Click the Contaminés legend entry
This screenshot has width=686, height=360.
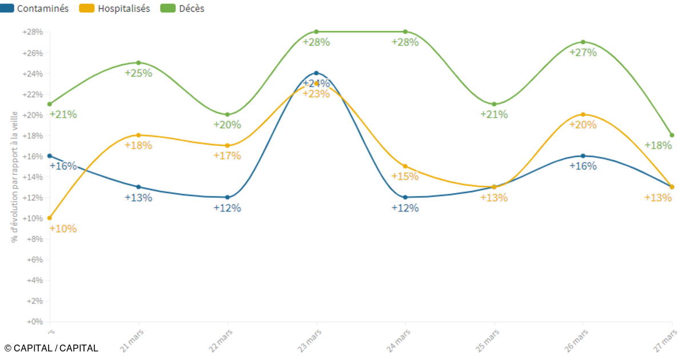[35, 9]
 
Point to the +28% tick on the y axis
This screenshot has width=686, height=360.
[33, 32]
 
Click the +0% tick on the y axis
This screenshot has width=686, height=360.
[35, 322]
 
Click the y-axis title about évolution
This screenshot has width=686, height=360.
[14, 176]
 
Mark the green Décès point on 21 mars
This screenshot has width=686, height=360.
[138, 63]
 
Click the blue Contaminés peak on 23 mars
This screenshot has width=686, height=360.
[316, 73]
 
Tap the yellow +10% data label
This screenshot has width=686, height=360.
[63, 229]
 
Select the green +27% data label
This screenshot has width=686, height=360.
[583, 53]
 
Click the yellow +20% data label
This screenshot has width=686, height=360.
[583, 125]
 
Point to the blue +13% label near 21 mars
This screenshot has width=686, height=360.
[138, 198]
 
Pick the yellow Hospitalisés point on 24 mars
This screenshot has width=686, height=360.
[405, 166]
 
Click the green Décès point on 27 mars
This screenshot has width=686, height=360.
[672, 135]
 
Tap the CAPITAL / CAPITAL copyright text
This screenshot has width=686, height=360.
[51, 348]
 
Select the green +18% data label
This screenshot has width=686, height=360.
[658, 146]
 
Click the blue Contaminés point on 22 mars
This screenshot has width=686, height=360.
[228, 197]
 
